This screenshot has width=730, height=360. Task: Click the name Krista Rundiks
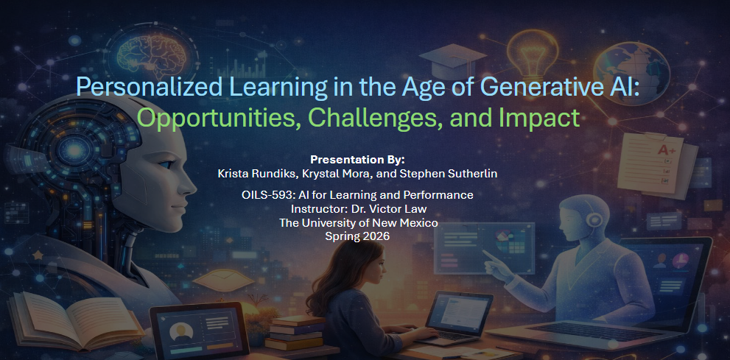(x=250, y=174)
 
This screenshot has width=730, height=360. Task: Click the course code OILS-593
(x=262, y=195)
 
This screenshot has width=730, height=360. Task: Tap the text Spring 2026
(x=357, y=236)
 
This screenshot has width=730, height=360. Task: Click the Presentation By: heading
(x=357, y=160)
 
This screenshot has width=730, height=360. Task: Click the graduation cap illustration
(x=452, y=60)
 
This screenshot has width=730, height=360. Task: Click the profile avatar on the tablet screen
(x=181, y=331)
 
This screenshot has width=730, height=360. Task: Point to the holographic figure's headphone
(x=594, y=219)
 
